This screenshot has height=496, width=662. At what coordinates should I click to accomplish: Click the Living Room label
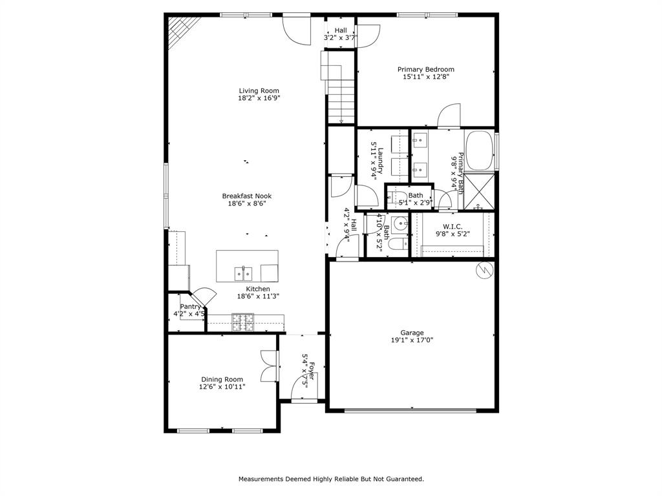click(259, 90)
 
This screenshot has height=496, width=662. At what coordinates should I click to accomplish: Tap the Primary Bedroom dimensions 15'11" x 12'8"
click(425, 77)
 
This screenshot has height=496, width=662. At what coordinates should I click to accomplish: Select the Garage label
click(411, 333)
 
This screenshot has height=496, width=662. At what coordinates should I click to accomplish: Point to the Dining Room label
click(222, 379)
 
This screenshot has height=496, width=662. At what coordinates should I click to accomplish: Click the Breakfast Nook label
click(246, 196)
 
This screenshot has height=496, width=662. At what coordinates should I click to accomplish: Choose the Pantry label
click(190, 307)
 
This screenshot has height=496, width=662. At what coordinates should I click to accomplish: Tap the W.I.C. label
click(452, 226)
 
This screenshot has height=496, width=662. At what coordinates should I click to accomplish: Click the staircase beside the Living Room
click(340, 90)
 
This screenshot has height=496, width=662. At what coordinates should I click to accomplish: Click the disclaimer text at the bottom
click(331, 479)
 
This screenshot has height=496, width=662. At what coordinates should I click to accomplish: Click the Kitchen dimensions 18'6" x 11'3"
click(257, 296)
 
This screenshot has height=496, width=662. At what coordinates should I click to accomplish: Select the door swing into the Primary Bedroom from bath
click(448, 116)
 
